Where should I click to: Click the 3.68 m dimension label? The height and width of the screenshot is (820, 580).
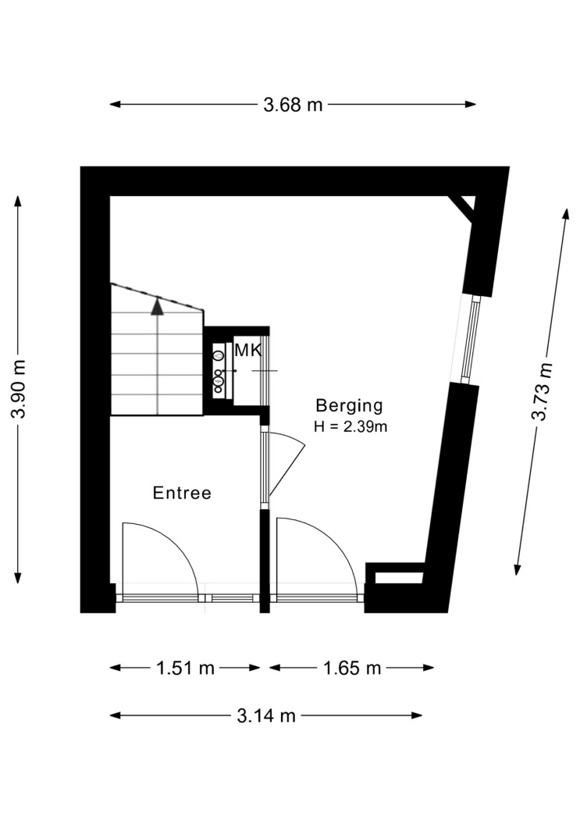(293, 105)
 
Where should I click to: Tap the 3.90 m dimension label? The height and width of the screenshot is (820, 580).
(18, 390)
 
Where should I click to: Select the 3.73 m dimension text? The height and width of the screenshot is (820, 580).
(541, 391)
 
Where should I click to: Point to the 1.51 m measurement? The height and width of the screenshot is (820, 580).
(186, 668)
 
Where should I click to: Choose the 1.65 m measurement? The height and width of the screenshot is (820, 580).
(352, 668)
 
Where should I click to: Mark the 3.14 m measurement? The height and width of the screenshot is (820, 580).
(266, 715)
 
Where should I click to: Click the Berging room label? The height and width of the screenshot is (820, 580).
(349, 405)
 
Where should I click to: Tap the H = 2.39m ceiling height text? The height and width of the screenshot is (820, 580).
(350, 426)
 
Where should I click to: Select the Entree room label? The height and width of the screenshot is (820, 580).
(182, 493)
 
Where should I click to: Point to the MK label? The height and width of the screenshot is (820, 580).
(247, 351)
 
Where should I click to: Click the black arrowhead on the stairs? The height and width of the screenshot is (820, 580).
(157, 306)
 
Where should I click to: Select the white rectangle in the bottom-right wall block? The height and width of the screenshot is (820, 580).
(399, 578)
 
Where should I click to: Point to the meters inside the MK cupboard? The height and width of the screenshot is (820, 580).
(219, 369)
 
